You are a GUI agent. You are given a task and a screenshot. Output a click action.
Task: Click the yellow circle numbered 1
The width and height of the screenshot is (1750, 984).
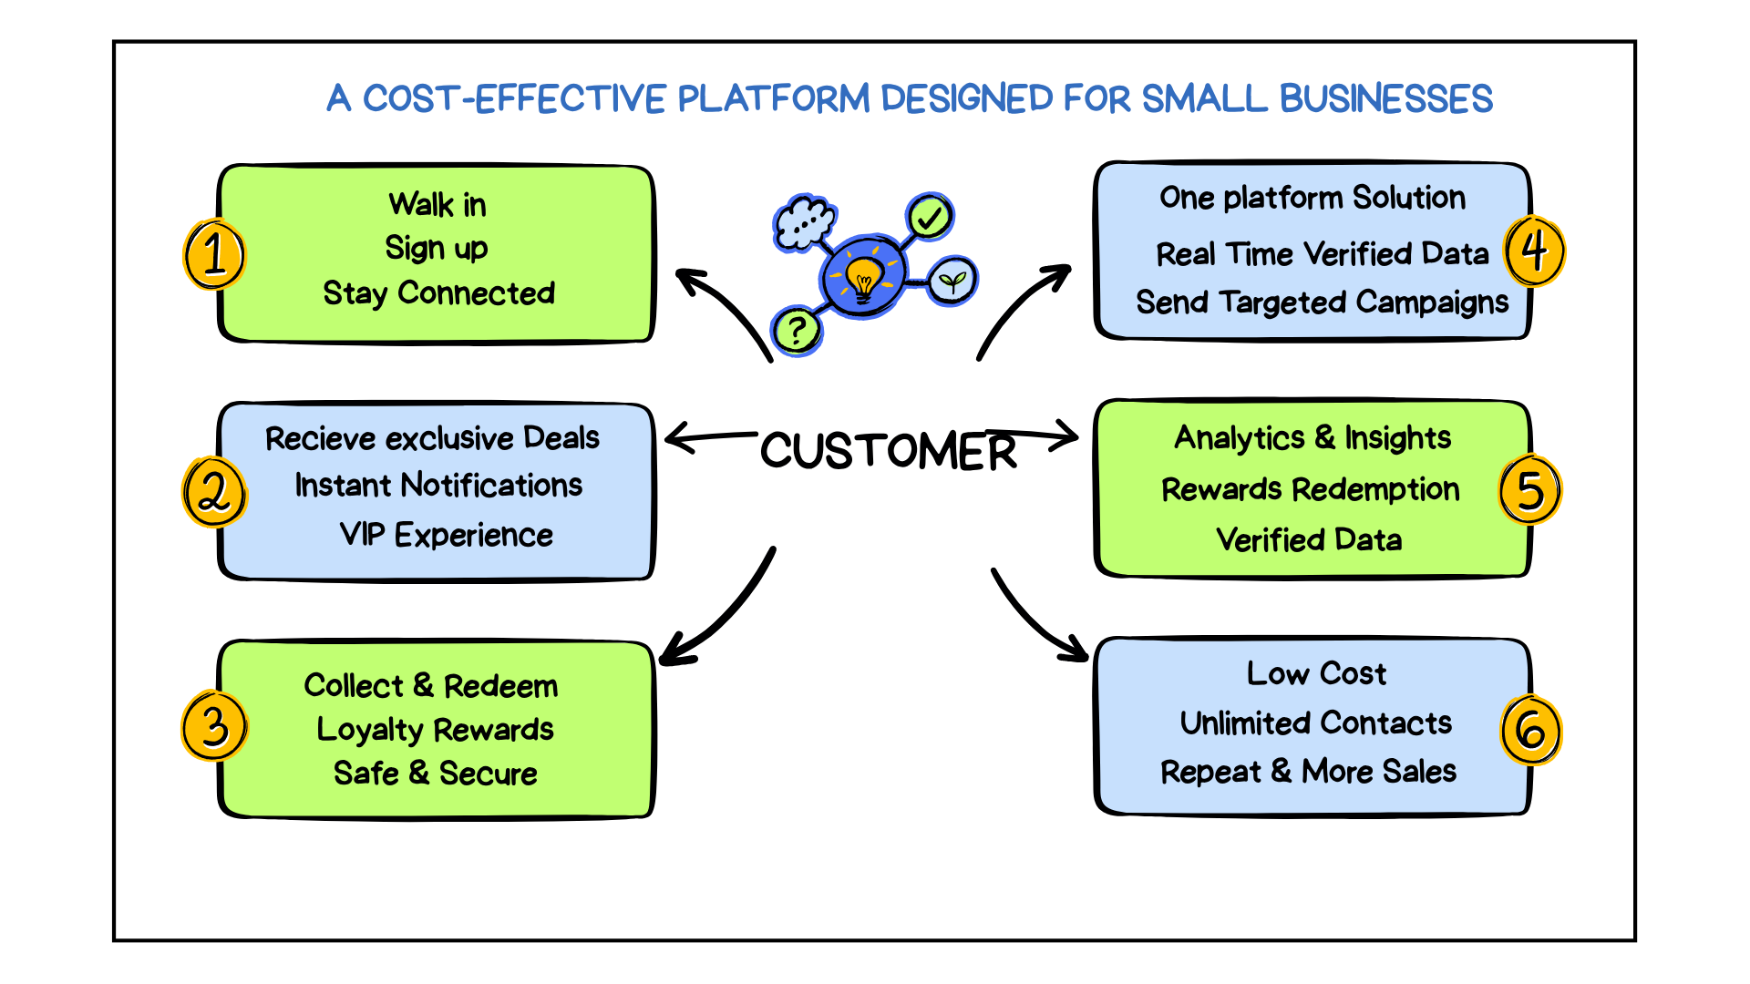tap(214, 254)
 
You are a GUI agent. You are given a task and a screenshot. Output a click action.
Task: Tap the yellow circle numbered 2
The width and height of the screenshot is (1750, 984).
tap(214, 492)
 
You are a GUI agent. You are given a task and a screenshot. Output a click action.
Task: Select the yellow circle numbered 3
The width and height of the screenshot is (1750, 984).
tap(214, 726)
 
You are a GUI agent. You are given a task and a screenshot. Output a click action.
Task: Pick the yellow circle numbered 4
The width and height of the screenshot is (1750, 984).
tap(1535, 251)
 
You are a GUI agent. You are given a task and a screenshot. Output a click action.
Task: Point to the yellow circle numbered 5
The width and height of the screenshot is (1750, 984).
tap(1530, 490)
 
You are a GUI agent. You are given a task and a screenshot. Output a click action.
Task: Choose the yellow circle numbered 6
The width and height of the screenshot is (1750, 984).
tap(1531, 730)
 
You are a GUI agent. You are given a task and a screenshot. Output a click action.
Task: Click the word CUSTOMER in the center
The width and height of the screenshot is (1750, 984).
tap(889, 451)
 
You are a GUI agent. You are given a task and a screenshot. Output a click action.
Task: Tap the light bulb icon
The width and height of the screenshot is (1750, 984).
tap(862, 276)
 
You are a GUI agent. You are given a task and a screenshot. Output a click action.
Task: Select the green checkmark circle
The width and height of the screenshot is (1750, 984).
tap(930, 217)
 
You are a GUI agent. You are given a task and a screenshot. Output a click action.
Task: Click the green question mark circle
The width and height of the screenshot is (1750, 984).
tap(797, 330)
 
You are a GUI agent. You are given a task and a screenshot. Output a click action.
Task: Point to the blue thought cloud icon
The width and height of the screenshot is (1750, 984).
tap(803, 221)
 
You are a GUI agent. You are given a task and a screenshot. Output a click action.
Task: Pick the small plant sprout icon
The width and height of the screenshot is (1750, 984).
tap(952, 280)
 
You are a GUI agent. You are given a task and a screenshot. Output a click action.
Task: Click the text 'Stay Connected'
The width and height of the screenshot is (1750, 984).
tap(438, 293)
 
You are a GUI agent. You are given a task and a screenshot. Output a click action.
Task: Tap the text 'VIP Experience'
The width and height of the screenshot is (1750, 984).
tap(446, 535)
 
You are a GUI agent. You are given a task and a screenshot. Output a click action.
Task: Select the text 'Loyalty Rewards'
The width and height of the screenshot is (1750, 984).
tap(435, 730)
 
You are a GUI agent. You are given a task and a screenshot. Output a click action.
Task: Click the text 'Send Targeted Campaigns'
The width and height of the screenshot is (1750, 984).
tap(1322, 302)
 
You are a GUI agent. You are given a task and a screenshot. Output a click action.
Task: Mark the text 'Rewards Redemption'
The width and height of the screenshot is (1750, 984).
tap(1310, 490)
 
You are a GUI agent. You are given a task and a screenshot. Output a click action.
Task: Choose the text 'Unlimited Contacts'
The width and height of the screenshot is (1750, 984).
tap(1315, 723)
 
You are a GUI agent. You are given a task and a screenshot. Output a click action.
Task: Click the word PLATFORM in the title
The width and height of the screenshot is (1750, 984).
tap(774, 98)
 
